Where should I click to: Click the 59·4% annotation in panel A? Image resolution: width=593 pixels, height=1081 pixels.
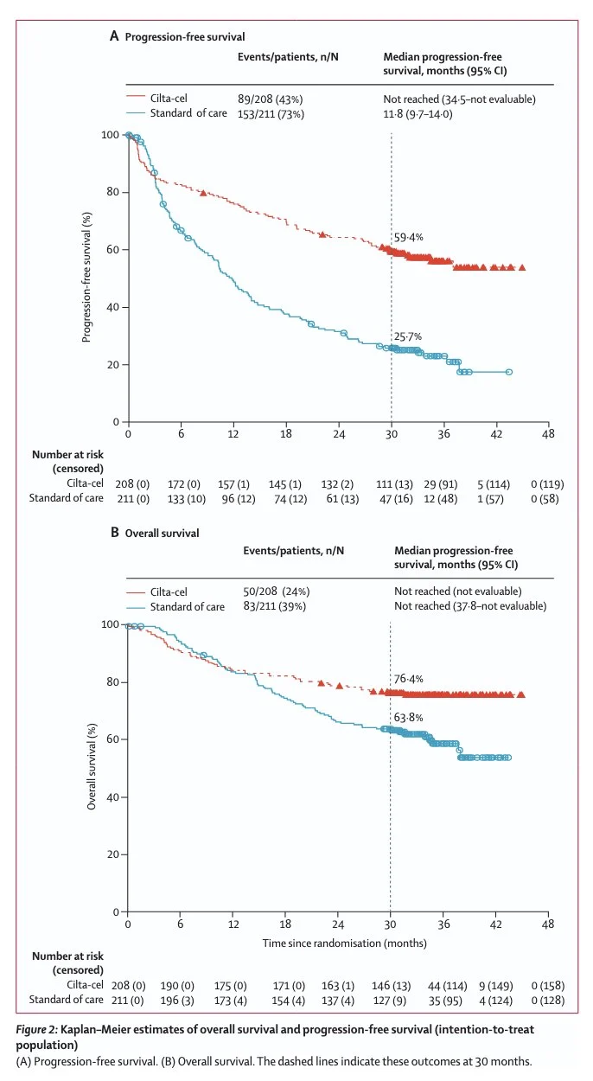point(409,237)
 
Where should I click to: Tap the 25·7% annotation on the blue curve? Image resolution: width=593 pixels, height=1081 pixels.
point(409,336)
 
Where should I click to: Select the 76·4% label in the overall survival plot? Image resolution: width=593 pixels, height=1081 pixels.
point(409,679)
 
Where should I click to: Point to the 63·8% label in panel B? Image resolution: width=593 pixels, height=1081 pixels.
point(409,717)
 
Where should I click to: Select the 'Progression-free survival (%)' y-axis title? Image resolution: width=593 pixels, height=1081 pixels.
point(87,278)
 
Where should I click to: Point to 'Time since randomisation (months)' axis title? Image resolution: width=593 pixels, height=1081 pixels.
point(344,943)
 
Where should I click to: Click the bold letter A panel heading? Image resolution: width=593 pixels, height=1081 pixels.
point(114,36)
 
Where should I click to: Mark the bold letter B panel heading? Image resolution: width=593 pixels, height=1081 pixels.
point(114,533)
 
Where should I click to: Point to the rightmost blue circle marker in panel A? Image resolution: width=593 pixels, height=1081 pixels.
point(509,372)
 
